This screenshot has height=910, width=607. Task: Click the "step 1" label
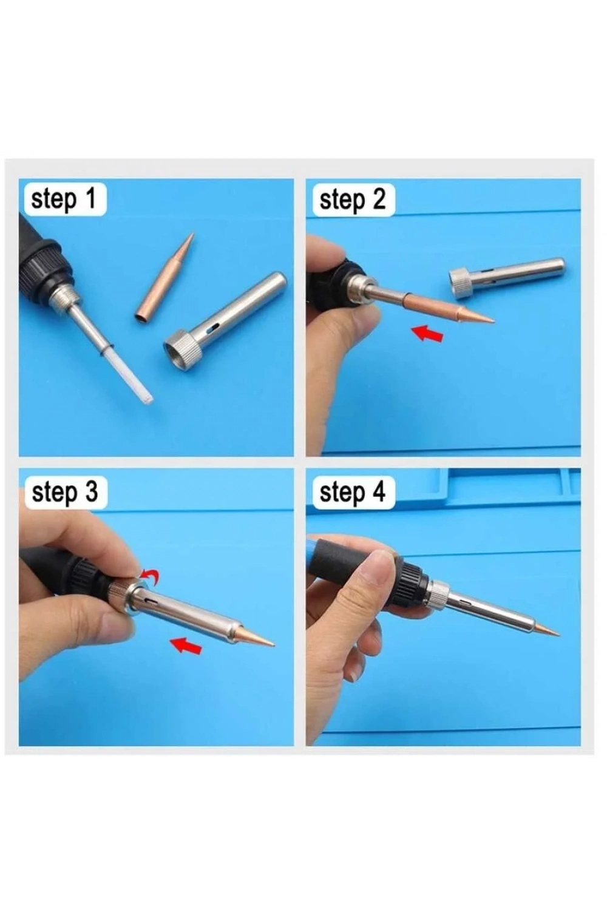tap(63, 198)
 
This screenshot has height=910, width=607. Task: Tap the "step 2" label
tap(352, 200)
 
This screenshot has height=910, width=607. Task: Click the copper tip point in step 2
tap(493, 322)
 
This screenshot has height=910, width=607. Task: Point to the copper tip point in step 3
tap(273, 644)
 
